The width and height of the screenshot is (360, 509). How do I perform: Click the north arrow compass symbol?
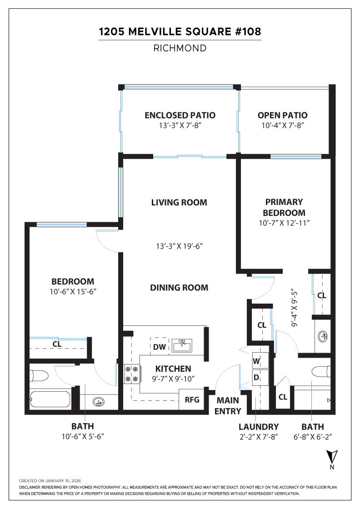point(331,456)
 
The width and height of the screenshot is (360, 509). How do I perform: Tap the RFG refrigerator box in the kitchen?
point(192,400)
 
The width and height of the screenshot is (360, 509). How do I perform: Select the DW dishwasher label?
point(159,347)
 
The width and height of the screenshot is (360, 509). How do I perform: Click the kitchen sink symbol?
point(183,345)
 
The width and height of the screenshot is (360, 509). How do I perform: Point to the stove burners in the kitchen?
point(131,374)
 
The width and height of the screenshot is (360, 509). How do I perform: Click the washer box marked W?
point(257,361)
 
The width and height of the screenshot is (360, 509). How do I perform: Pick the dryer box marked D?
point(257,377)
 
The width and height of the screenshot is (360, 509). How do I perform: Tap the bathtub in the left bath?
point(50,399)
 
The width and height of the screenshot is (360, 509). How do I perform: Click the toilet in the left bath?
point(39,376)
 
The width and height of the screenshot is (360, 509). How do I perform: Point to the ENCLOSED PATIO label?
point(180,115)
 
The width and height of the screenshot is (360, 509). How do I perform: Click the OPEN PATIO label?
point(282,115)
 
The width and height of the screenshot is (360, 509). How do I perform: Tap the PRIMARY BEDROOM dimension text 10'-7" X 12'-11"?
point(285,223)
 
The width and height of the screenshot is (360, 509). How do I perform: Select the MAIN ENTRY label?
point(228,406)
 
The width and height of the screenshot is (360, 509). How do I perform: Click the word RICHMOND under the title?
point(180,48)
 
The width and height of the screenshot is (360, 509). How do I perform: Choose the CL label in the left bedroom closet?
point(57,344)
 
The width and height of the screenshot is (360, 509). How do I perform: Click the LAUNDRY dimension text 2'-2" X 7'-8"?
point(258,437)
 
